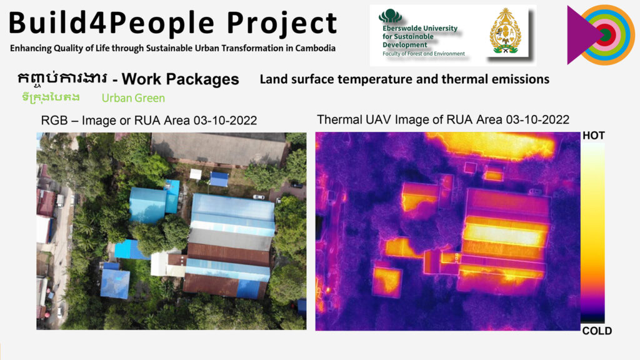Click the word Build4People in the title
[x=111, y=22]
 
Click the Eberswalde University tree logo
[x=390, y=16]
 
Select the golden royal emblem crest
[x=505, y=31]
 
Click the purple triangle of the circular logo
[x=582, y=35]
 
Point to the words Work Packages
[x=180, y=79]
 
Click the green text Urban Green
[x=134, y=98]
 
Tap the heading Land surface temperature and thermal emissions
[x=404, y=79]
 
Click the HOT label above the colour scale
[x=594, y=136]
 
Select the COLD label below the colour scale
[x=597, y=331]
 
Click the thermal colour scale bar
[x=592, y=232]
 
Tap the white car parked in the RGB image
[x=258, y=197]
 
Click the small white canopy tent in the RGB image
[x=196, y=174]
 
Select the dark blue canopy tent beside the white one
[x=219, y=179]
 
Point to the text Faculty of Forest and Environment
[x=423, y=54]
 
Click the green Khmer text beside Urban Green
[x=51, y=97]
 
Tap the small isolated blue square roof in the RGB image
[x=115, y=283]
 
